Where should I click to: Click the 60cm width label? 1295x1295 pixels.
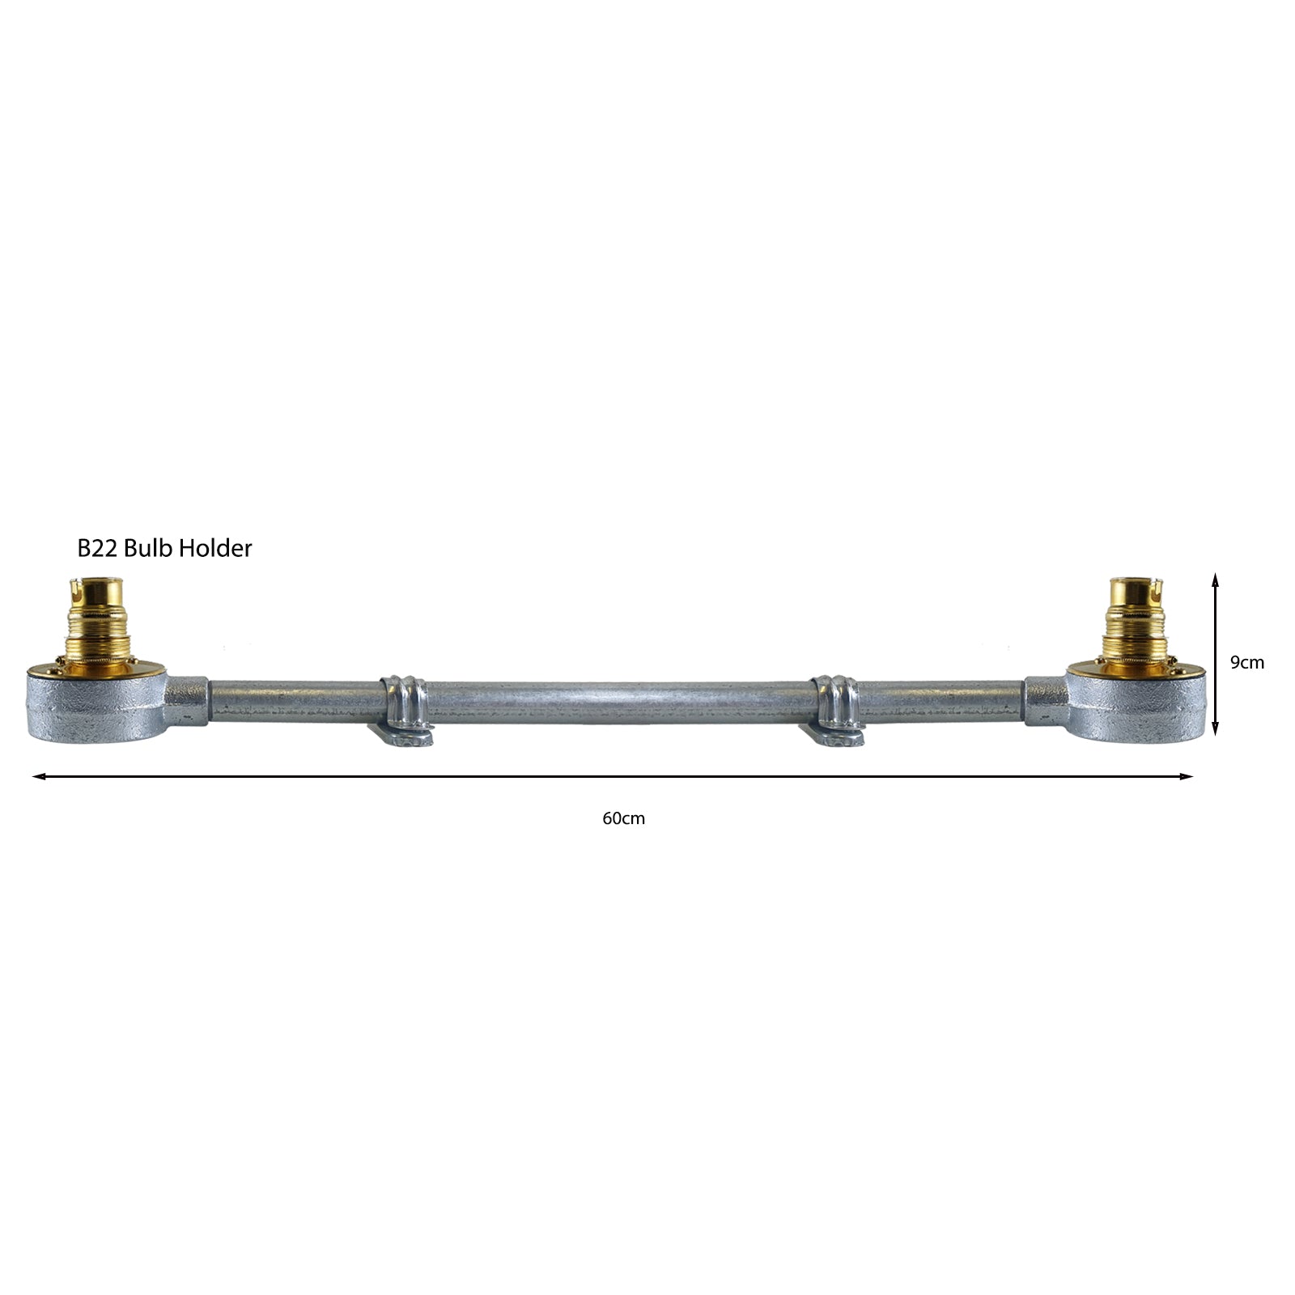(623, 818)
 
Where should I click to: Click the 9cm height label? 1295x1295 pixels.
(1246, 662)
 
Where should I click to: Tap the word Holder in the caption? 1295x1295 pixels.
(215, 548)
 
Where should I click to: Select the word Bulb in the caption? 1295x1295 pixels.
(149, 548)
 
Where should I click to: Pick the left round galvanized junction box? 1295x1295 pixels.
(96, 703)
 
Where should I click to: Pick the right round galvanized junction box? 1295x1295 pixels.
(1136, 703)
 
